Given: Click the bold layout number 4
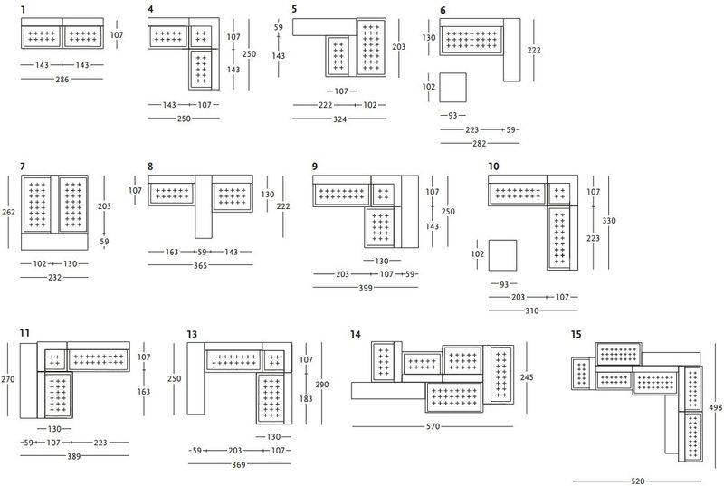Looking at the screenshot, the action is tap(150, 9).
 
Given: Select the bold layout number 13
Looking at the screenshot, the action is tap(192, 334).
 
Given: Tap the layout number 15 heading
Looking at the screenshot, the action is tap(576, 334).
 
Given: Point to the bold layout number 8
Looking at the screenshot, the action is tap(150, 167).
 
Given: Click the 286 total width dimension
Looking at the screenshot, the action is tap(62, 80).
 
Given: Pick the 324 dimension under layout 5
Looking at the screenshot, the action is tap(340, 119).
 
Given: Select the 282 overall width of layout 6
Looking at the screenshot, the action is tap(480, 144).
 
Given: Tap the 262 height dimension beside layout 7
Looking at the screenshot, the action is tap(8, 213).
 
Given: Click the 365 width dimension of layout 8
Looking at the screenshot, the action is tap(200, 266).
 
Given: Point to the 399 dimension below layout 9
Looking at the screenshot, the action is tap(366, 288).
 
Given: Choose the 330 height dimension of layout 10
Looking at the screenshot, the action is tap(609, 221).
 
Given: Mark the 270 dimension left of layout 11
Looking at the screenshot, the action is tap(8, 379).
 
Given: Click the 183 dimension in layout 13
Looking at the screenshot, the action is tap(306, 399).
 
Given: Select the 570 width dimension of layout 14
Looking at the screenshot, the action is tap(433, 427).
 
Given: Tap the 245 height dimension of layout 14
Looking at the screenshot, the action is tap(527, 377).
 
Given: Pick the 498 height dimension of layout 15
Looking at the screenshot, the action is tap(715, 407).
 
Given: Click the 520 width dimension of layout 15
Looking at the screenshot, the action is tap(638, 481).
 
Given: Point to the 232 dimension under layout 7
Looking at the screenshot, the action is tap(54, 278).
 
